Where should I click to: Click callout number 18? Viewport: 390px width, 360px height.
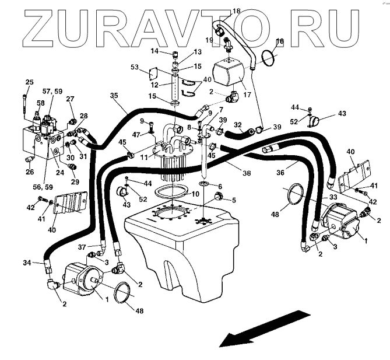(x=220, y=11)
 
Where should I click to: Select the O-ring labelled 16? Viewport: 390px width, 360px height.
(x=267, y=57)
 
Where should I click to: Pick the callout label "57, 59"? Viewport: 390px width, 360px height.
(x=52, y=91)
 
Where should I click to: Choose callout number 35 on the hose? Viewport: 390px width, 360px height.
(x=113, y=95)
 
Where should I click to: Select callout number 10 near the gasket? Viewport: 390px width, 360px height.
(x=196, y=193)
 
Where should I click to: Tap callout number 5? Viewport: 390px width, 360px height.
(x=234, y=200)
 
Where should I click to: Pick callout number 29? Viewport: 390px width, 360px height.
(x=75, y=182)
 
